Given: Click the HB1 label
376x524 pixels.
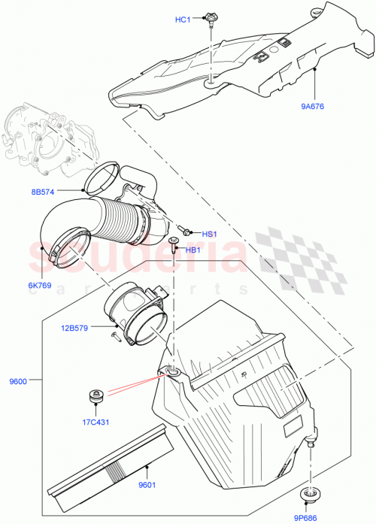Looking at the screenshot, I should click(x=193, y=250).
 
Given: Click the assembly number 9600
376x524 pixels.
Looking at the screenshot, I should click(x=19, y=382).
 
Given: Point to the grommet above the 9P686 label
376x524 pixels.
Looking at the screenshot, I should click(x=310, y=494).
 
